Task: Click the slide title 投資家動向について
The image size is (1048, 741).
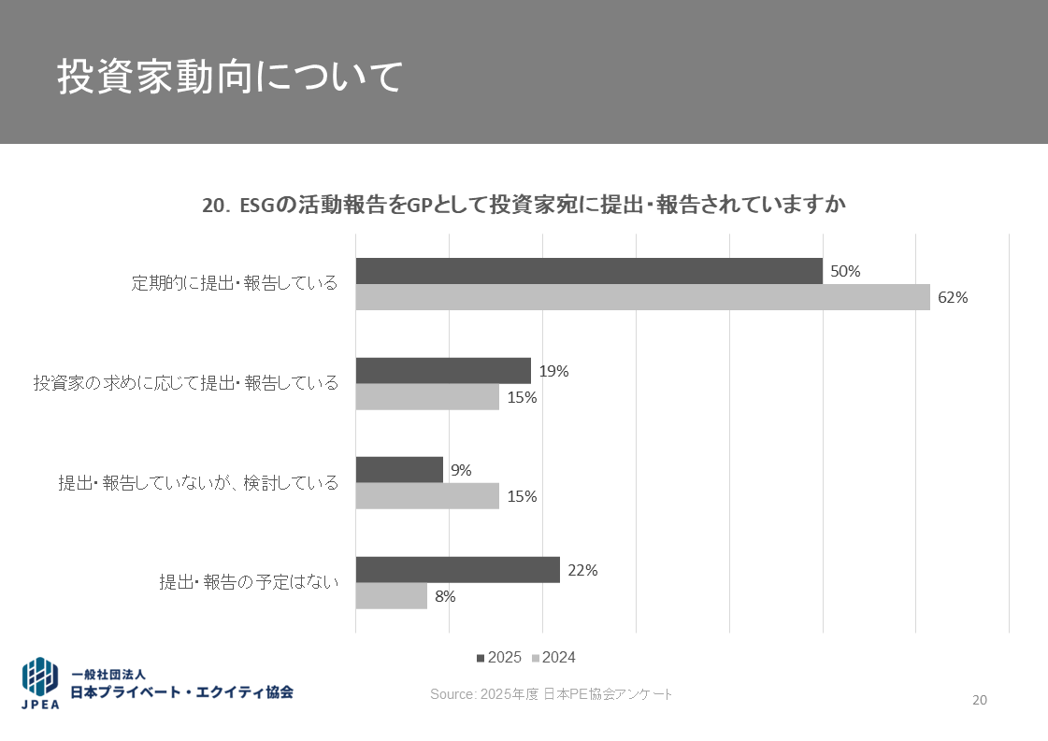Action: click(x=230, y=78)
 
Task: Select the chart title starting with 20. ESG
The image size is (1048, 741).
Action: click(x=524, y=206)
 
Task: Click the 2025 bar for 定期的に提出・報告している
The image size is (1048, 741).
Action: click(x=589, y=271)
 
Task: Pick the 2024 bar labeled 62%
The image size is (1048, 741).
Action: click(x=642, y=297)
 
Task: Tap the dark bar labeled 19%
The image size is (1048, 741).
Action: click(x=443, y=370)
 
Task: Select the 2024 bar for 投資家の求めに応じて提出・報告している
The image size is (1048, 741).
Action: click(x=427, y=397)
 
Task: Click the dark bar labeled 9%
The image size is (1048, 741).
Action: click(x=399, y=470)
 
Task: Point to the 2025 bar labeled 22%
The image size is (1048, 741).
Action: click(x=457, y=570)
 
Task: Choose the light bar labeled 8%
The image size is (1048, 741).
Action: click(x=391, y=596)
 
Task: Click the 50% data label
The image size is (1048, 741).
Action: click(x=845, y=272)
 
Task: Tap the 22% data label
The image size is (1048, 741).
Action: click(x=582, y=570)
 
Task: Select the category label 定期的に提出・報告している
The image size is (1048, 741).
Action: click(x=235, y=283)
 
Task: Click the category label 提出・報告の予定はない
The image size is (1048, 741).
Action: click(x=249, y=582)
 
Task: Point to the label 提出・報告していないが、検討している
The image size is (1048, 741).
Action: click(x=198, y=483)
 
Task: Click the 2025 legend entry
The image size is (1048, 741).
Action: click(x=499, y=658)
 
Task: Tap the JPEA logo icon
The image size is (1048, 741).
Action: click(x=40, y=682)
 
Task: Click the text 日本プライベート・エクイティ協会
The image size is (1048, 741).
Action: click(x=182, y=692)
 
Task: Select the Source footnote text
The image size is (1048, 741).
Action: click(x=551, y=694)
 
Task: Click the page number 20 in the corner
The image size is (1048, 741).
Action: click(x=980, y=700)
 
